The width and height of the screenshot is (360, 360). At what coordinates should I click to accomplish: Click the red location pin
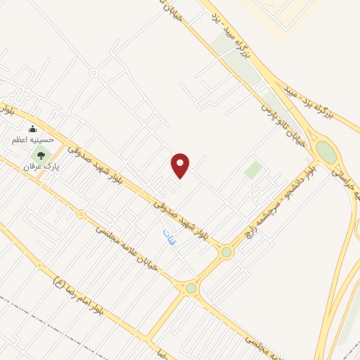click(x=181, y=165)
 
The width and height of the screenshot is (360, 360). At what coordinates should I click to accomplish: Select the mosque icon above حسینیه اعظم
click(x=32, y=129)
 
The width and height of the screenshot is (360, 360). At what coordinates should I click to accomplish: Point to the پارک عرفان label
click(x=39, y=167)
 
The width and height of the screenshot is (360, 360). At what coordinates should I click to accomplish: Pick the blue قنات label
click(x=167, y=236)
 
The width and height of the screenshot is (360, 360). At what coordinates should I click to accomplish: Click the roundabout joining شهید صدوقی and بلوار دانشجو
click(x=226, y=252)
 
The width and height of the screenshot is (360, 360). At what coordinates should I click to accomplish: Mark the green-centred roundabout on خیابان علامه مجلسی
click(x=191, y=288)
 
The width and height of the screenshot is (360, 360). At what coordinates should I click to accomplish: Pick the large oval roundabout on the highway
click(x=326, y=151)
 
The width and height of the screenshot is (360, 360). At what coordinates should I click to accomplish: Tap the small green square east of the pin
click(x=253, y=169)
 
